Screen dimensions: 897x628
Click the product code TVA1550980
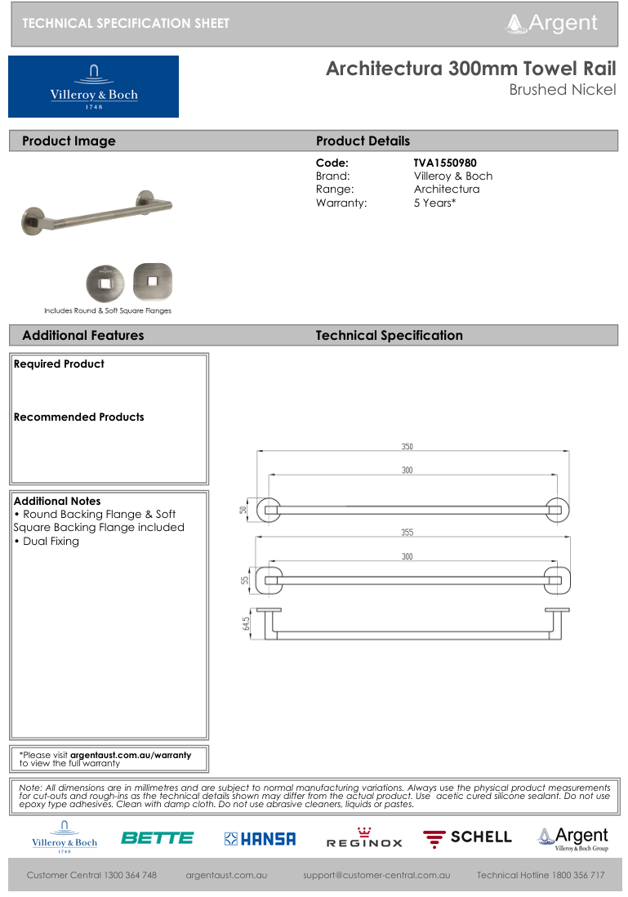tap(445, 163)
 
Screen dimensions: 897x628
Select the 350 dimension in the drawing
tap(407, 446)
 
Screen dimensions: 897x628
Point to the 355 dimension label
tap(407, 533)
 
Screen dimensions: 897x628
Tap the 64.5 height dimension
tap(246, 624)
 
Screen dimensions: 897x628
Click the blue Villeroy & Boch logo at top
tap(93, 87)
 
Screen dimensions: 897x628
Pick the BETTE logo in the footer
tap(157, 837)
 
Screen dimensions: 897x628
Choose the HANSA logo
tap(260, 838)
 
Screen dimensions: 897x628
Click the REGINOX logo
tap(364, 838)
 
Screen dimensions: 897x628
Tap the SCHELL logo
tap(467, 837)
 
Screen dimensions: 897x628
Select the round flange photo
tap(104, 283)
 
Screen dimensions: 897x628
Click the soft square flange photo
tap(152, 282)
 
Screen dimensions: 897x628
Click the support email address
tap(376, 875)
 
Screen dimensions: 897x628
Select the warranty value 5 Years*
tap(434, 203)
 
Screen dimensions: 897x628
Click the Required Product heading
tap(59, 364)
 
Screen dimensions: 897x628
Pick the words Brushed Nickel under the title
tap(562, 90)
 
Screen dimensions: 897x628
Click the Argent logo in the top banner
tap(552, 24)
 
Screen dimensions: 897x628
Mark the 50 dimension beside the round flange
tap(243, 509)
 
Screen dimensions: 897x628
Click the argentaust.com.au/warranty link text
tap(131, 755)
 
